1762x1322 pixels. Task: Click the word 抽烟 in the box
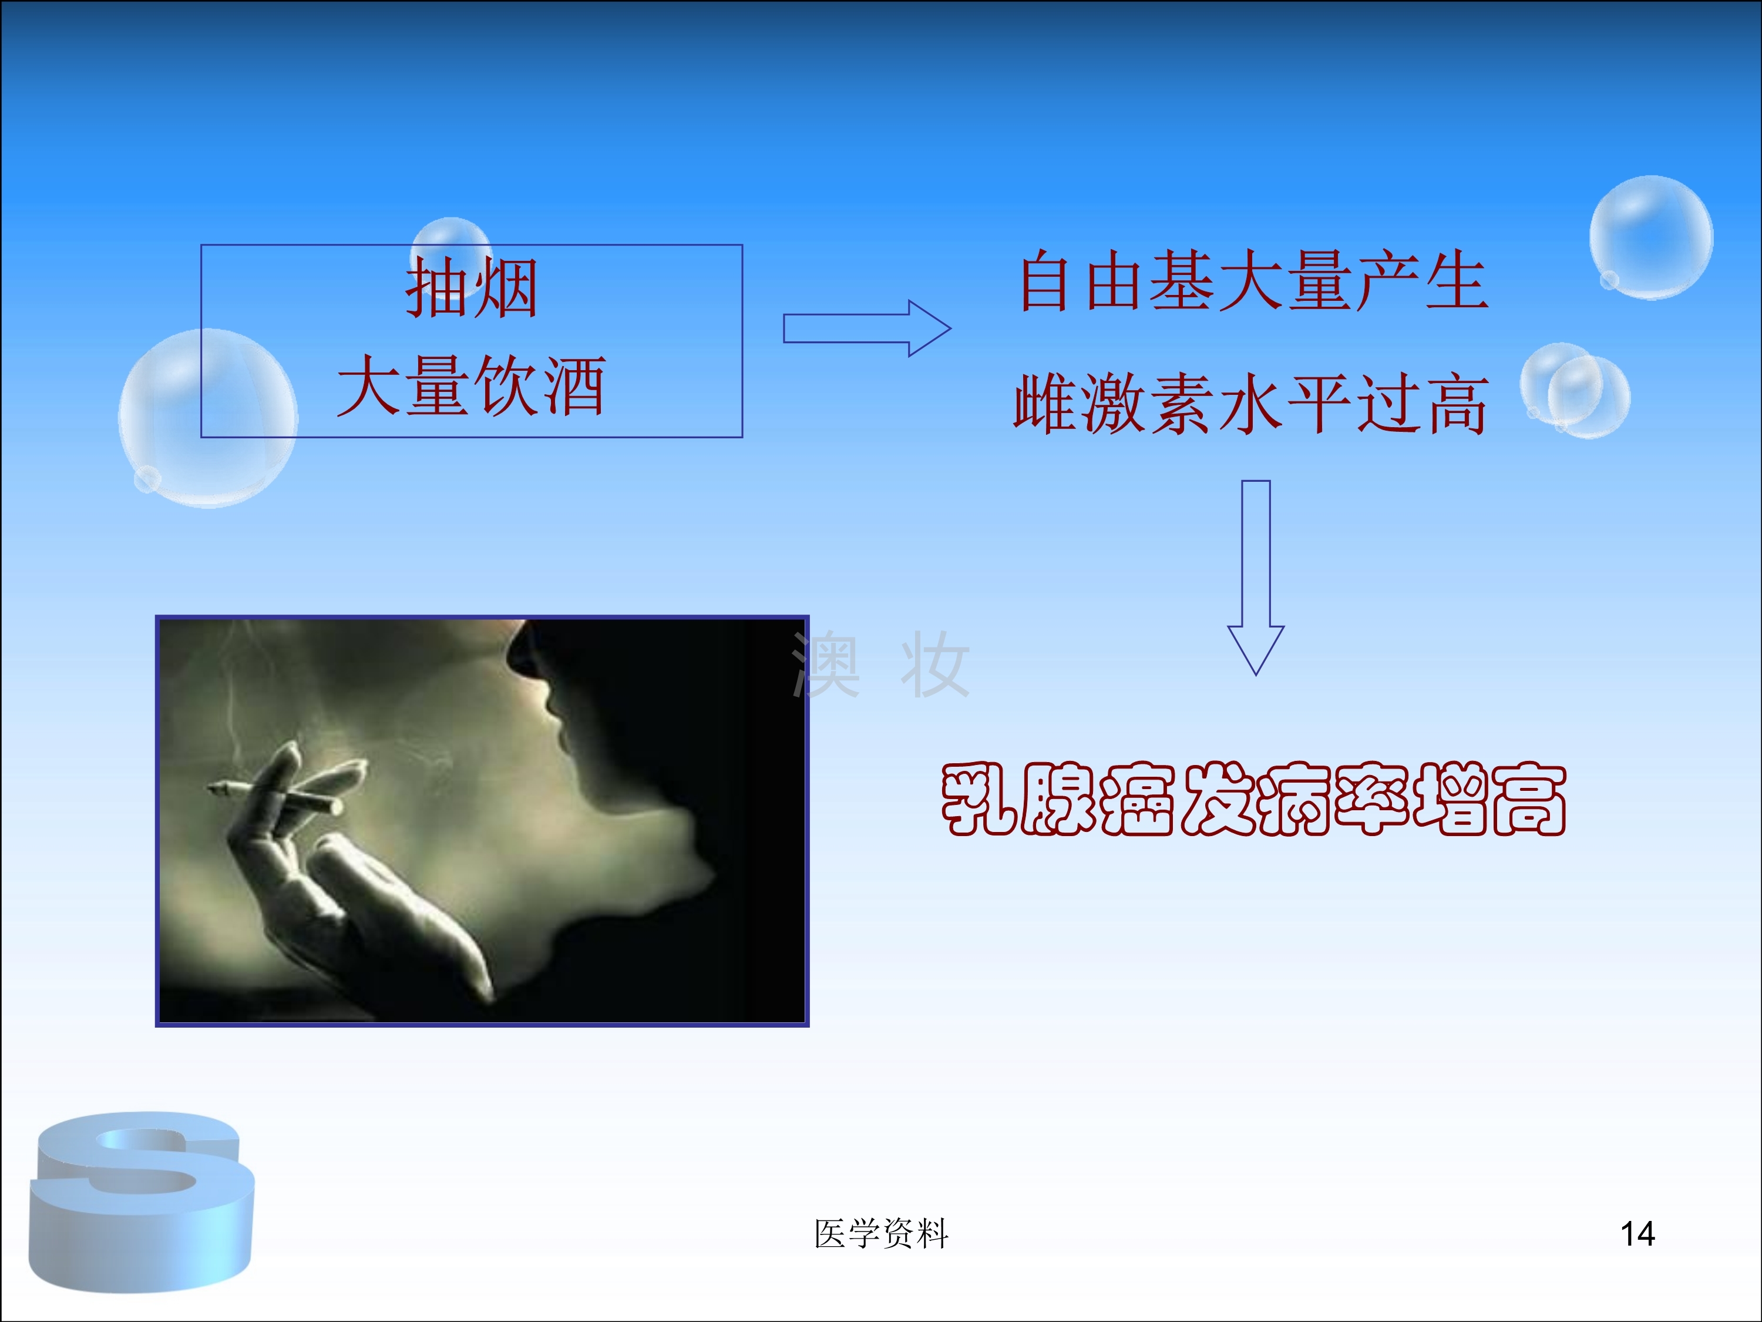pos(472,288)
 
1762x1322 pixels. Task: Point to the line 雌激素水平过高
pos(1250,404)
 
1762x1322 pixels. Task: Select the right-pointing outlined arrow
pos(867,328)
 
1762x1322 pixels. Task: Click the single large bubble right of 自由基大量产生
pos(1651,237)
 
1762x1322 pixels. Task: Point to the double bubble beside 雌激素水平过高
pos(1575,391)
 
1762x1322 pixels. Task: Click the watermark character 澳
pos(826,664)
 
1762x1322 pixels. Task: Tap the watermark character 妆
pos(934,664)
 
